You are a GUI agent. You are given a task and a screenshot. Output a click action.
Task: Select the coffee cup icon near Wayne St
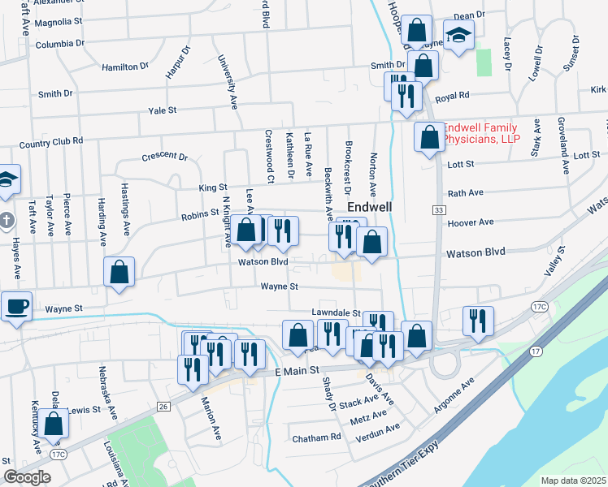click(16, 307)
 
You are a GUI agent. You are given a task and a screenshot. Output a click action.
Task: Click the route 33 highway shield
click(439, 210)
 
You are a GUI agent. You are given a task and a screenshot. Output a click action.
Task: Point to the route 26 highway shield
click(163, 406)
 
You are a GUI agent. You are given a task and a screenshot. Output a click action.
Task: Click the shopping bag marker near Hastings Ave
click(119, 272)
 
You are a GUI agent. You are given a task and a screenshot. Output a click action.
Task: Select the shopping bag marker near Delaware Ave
click(54, 424)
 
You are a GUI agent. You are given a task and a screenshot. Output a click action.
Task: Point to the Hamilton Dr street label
click(126, 67)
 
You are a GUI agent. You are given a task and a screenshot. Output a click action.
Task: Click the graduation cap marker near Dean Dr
click(458, 35)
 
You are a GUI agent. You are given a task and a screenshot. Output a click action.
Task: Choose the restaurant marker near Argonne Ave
click(478, 319)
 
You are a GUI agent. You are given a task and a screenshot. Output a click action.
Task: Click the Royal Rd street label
click(453, 97)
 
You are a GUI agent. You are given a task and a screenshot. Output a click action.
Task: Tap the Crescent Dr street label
click(164, 157)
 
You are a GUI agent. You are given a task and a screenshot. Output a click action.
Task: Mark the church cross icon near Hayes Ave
click(6, 220)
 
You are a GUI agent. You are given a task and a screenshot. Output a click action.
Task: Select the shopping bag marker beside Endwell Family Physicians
click(428, 136)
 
